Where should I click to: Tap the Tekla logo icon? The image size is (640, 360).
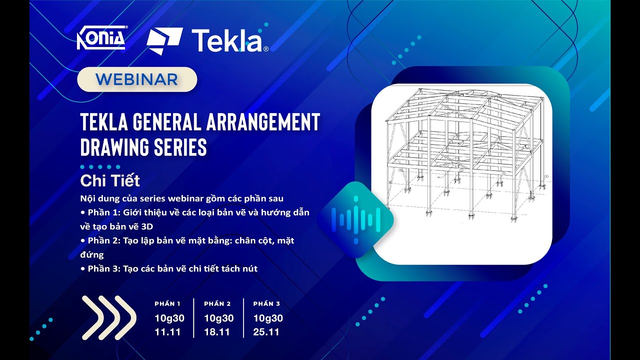pyautogui.click(x=164, y=40)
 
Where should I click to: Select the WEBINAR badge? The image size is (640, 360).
pyautogui.click(x=137, y=79)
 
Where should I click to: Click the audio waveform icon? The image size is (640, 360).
pyautogui.click(x=355, y=219)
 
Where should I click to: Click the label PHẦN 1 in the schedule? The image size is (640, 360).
pyautogui.click(x=167, y=303)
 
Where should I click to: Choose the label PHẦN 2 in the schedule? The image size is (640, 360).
pyautogui.click(x=217, y=303)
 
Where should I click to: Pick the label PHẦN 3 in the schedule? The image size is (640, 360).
pyautogui.click(x=266, y=303)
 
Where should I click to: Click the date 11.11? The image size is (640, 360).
pyautogui.click(x=167, y=331)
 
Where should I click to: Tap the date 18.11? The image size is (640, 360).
pyautogui.click(x=217, y=331)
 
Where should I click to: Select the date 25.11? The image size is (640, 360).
pyautogui.click(x=266, y=331)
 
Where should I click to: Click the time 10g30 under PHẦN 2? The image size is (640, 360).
pyautogui.click(x=218, y=318)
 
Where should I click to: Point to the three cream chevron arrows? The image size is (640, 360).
pyautogui.click(x=109, y=318)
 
